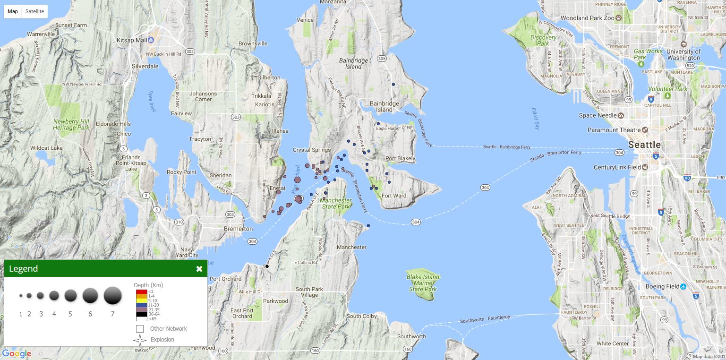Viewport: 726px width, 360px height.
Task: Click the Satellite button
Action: [34, 11]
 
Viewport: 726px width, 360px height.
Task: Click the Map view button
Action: [13, 11]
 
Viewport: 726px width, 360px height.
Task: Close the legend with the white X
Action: [199, 269]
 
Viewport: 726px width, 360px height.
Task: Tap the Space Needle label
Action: [598, 115]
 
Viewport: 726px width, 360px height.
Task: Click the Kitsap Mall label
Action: [135, 40]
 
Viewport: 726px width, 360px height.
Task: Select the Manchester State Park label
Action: [336, 203]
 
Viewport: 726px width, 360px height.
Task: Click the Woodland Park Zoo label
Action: [587, 18]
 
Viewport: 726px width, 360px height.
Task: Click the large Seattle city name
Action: [644, 145]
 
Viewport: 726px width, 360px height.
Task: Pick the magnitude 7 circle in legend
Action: [112, 296]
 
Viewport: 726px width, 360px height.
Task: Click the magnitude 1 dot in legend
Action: [21, 296]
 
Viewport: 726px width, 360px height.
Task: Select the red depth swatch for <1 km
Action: [141, 292]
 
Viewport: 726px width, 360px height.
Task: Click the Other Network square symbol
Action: [140, 329]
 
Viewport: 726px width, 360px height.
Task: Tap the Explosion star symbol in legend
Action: [140, 340]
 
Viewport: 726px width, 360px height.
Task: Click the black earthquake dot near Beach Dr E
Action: [267, 266]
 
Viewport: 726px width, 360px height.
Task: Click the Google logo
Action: [17, 353]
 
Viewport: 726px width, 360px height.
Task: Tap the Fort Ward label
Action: [393, 196]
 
